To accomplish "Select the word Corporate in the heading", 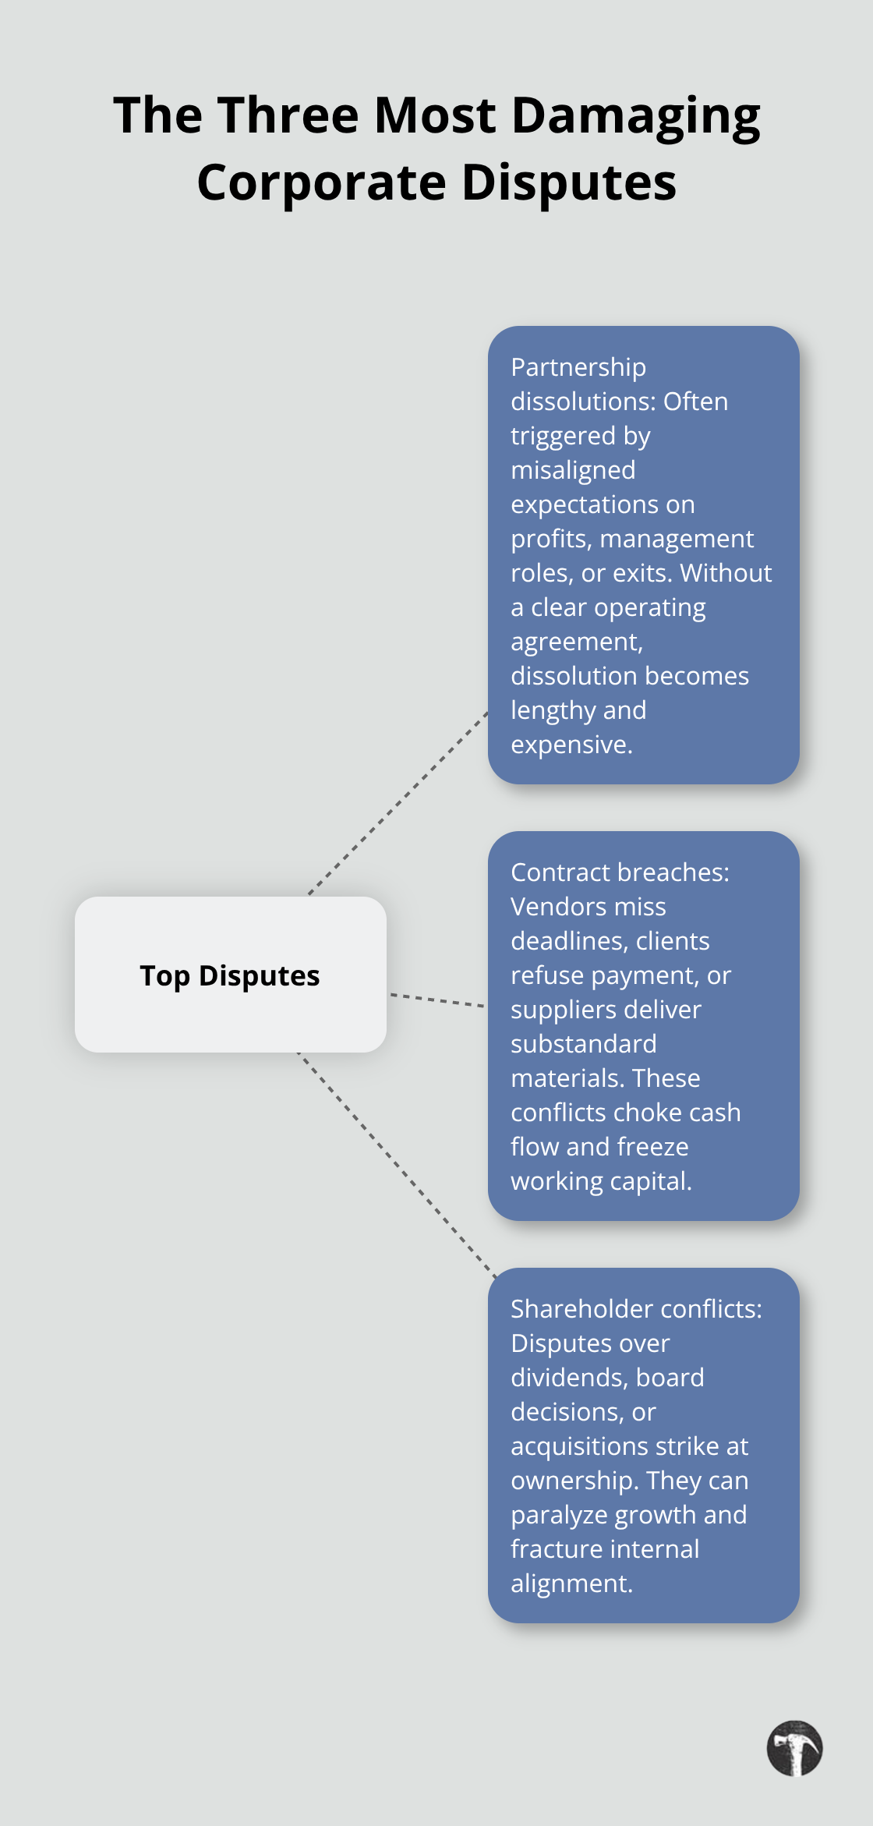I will coord(321,183).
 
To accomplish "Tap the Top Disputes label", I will coord(230,975).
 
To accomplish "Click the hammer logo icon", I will coord(794,1748).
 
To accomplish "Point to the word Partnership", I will coord(578,367).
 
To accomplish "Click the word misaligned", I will coord(573,470).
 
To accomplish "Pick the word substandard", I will coord(584,1044).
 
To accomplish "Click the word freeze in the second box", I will coord(650,1147).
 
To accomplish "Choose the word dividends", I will coord(566,1378).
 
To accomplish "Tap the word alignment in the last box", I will coord(571,1584).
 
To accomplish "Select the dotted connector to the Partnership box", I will coord(398,803).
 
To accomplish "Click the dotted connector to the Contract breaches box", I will coord(436,1000).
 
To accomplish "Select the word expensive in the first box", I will coord(571,745).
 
